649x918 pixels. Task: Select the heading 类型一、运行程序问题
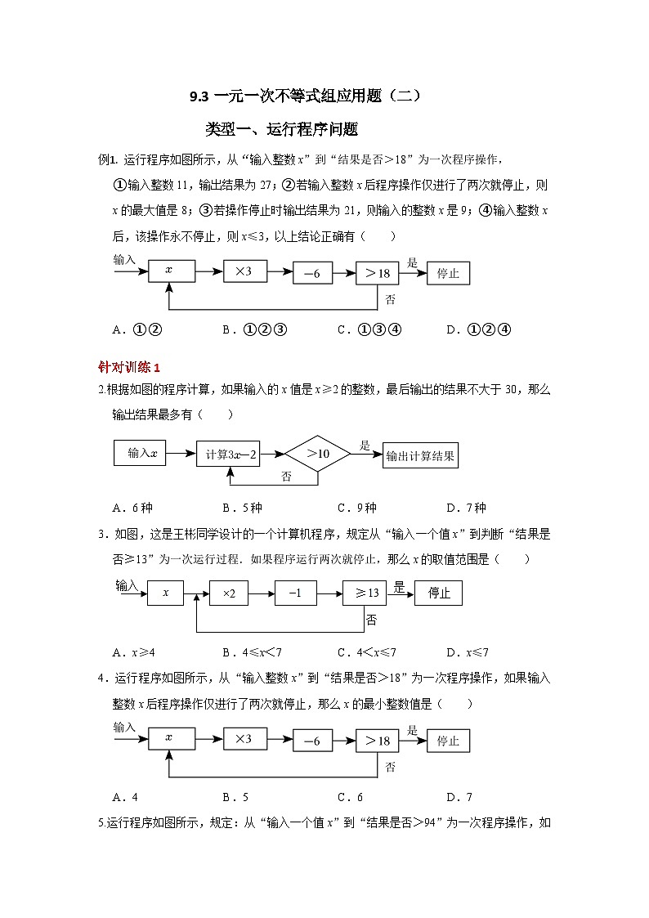(x=281, y=129)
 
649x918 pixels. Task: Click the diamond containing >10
(x=317, y=453)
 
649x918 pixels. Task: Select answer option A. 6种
(x=133, y=508)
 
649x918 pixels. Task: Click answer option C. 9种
(x=356, y=508)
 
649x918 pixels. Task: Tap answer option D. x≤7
(x=468, y=652)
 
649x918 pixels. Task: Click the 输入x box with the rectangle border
(x=141, y=454)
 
